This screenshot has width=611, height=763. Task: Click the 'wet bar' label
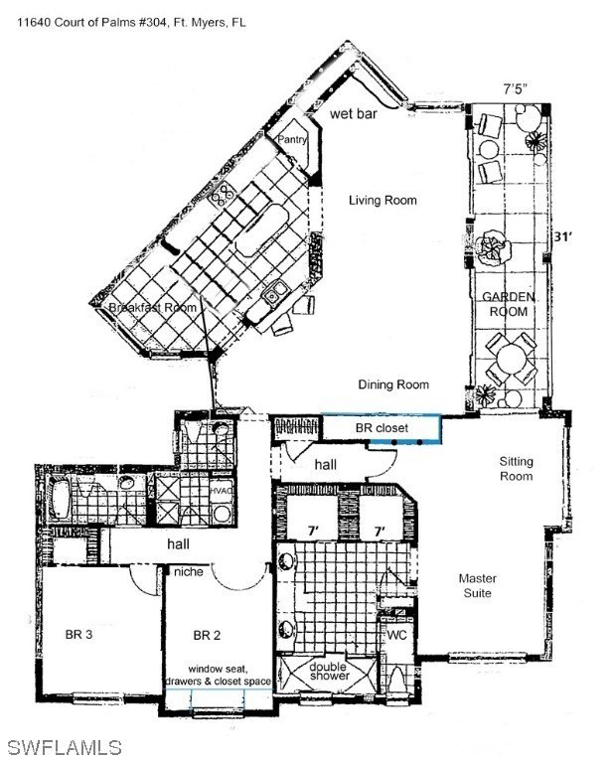pos(354,115)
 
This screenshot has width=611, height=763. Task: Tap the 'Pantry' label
pos(290,140)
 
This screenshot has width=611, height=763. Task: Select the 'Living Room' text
pos(382,200)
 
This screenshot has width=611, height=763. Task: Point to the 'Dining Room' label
pos(394,384)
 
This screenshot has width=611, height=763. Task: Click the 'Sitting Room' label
pos(516,469)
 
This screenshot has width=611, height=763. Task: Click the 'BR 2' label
pos(207,635)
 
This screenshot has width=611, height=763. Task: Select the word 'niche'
pos(188,571)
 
